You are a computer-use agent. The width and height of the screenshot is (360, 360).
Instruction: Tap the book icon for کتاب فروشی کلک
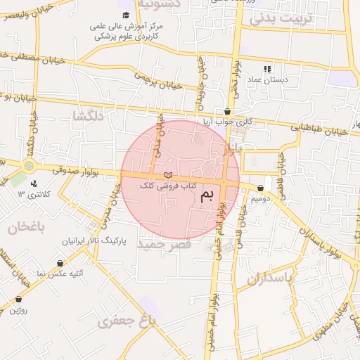[167, 174]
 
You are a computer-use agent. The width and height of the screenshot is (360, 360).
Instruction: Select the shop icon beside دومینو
[261, 188]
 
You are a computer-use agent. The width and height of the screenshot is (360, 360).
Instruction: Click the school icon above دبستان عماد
[267, 69]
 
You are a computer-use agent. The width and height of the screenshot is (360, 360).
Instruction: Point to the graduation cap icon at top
[126, 15]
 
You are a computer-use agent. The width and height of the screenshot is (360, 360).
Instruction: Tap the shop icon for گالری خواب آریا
[227, 112]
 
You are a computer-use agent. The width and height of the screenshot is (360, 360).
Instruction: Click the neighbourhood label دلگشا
[89, 116]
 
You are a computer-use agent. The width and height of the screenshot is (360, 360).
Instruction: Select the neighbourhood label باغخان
[26, 227]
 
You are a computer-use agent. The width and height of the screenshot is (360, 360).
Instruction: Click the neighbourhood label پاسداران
[268, 278]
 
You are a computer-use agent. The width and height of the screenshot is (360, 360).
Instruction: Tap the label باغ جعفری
[126, 322]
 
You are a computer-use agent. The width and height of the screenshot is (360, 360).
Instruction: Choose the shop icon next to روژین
[18, 298]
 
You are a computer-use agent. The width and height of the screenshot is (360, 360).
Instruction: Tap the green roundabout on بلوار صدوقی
[28, 166]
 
